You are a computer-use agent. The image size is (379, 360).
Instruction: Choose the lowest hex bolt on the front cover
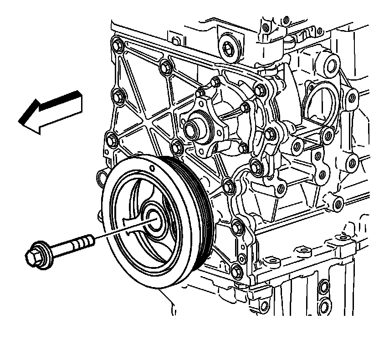(x=236, y=272)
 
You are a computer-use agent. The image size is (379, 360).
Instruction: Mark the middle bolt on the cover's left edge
(x=118, y=96)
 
